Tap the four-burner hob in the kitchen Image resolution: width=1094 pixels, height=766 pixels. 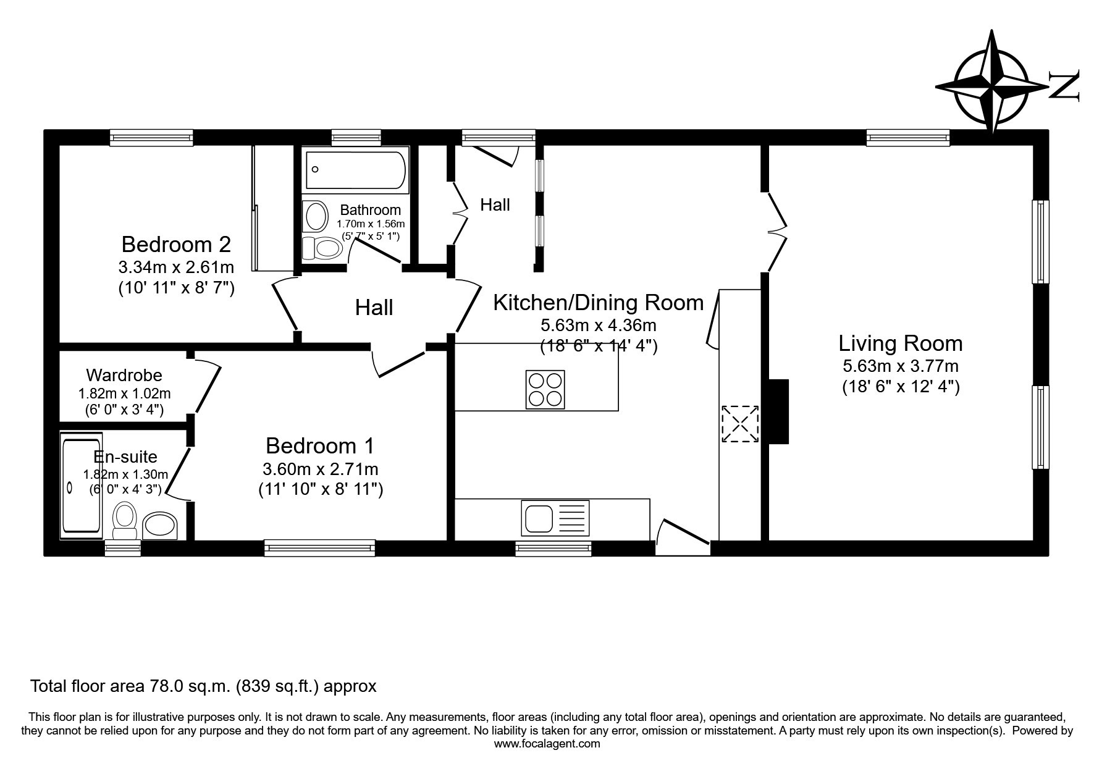(545, 389)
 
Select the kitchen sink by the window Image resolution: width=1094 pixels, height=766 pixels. (555, 518)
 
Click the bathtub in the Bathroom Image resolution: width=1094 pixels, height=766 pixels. (356, 170)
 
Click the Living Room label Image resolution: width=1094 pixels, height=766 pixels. (900, 343)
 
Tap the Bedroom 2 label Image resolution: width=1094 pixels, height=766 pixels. (176, 244)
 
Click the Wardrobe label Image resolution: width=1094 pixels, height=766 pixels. (124, 375)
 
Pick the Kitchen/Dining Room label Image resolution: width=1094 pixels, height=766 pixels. (599, 303)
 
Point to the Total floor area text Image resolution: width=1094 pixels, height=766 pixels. (203, 686)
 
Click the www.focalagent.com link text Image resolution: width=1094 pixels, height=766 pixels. (547, 744)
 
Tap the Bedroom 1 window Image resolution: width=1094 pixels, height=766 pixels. (320, 547)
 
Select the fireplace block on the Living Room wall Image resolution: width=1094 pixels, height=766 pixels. (778, 411)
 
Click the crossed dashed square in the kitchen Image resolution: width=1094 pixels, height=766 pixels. (740, 424)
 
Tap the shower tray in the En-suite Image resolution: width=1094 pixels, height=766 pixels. (81, 486)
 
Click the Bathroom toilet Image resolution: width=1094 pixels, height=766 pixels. (322, 249)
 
